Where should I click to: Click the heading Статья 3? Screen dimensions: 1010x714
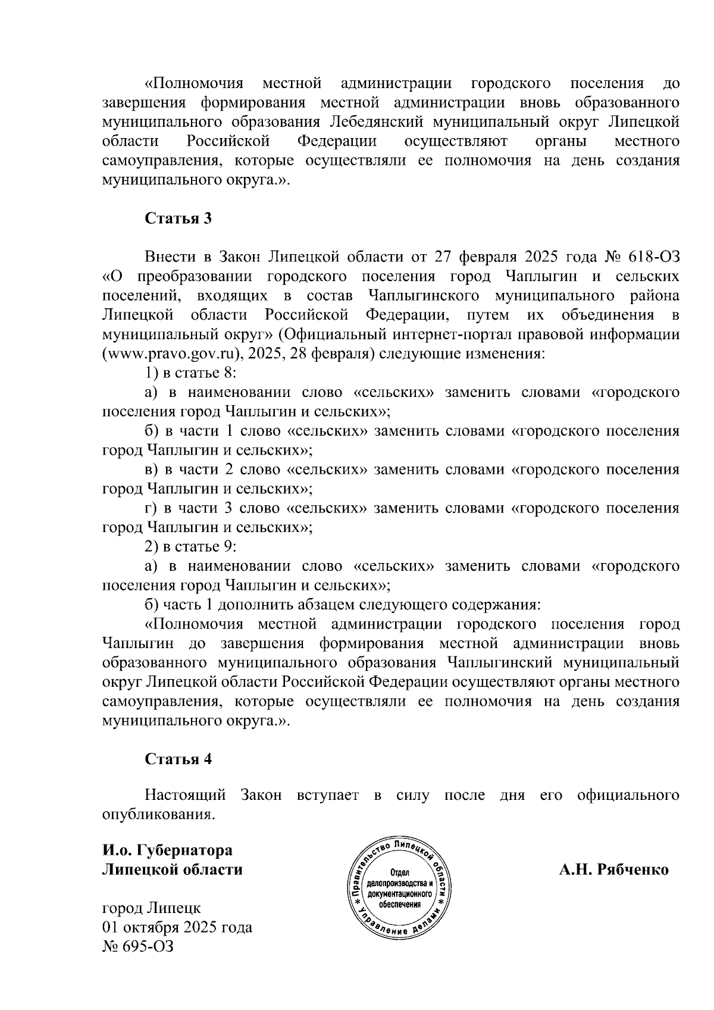[x=178, y=218]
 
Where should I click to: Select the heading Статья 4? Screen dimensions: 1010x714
[x=178, y=759]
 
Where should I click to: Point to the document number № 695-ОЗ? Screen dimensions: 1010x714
[x=138, y=946]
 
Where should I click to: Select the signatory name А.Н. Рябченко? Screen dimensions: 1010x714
[x=613, y=870]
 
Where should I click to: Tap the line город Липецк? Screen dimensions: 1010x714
[x=152, y=908]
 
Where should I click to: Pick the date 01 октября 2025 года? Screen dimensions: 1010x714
[x=177, y=927]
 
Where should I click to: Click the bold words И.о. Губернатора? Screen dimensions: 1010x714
[x=168, y=850]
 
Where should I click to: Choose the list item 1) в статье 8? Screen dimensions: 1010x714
[x=192, y=373]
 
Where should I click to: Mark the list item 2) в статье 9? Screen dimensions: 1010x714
[x=192, y=546]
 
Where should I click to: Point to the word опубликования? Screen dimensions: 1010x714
[x=158, y=814]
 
